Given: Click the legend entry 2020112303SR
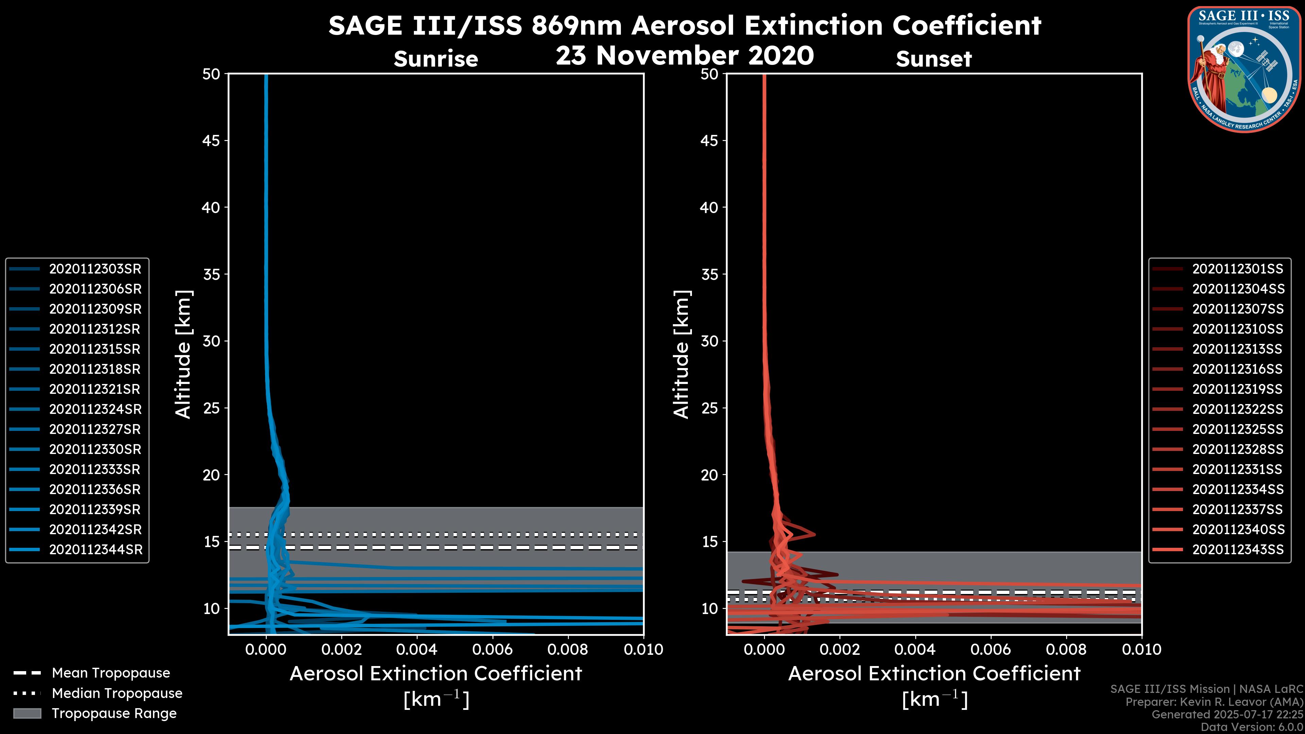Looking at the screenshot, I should (x=95, y=269).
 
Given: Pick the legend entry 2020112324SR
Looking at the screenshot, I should (x=95, y=409).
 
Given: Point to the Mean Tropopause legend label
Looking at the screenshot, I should (x=111, y=673).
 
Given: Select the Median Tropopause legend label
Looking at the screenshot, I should (x=117, y=694).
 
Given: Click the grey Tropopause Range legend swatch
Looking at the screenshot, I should (x=27, y=713).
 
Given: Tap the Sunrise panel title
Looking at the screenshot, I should (x=436, y=59).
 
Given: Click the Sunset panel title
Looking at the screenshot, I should (x=934, y=59).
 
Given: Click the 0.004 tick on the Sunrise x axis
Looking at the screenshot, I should (x=416, y=649).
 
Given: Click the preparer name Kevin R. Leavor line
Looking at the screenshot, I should (x=1214, y=702).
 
